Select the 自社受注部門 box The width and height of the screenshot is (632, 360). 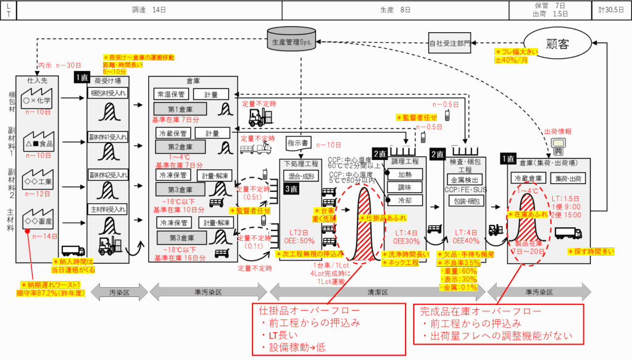(x=450, y=44)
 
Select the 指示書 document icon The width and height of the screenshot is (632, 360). (x=299, y=143)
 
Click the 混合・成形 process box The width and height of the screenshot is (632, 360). (x=301, y=177)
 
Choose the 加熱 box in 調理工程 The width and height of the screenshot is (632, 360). (x=405, y=174)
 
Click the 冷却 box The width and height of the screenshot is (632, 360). (x=405, y=200)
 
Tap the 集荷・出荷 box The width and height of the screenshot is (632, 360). (x=566, y=178)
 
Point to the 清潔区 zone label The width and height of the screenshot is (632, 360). (x=378, y=291)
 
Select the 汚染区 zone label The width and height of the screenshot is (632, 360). (x=118, y=291)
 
